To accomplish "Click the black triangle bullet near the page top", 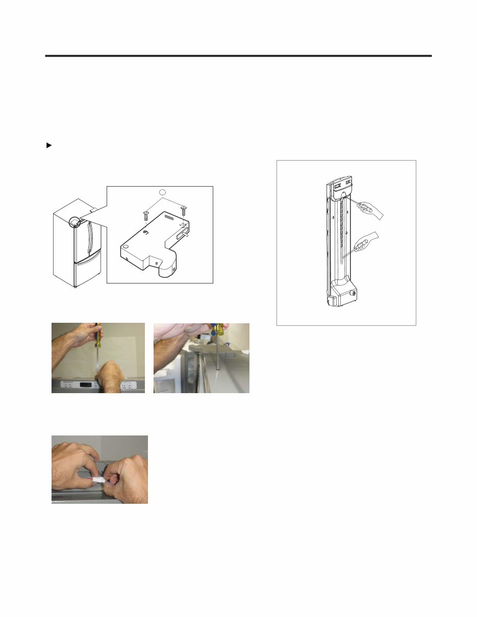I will pos(49,146).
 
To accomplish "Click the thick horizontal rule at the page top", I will pos(238,56).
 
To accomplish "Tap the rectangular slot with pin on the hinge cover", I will pos(181,236).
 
